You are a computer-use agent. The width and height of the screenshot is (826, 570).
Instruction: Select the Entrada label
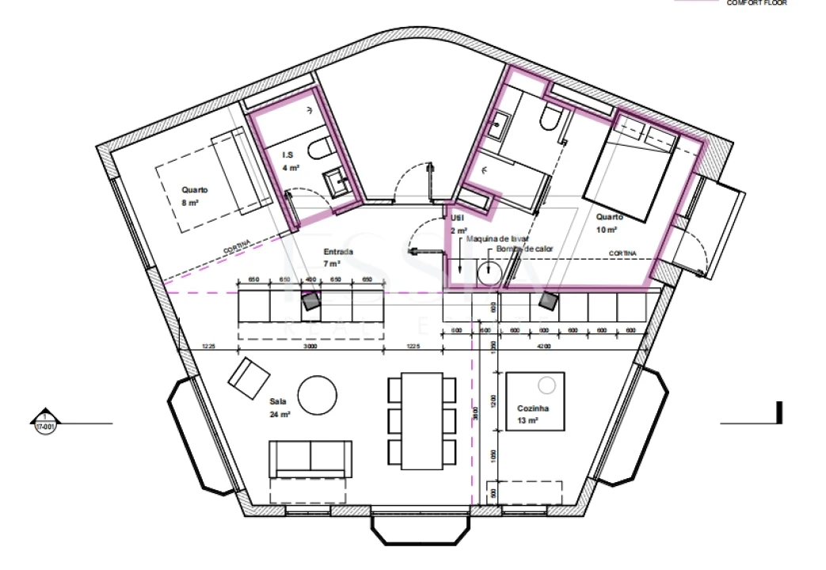[x=338, y=253]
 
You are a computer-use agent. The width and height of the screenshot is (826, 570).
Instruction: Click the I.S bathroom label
[x=288, y=156]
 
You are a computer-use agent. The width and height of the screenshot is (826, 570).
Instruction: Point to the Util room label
[x=457, y=217]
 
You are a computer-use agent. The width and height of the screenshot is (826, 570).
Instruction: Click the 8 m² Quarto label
[x=194, y=190]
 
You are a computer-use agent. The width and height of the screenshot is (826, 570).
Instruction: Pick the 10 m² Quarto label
[x=609, y=217]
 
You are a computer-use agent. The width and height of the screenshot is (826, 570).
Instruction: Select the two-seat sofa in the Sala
[x=310, y=458]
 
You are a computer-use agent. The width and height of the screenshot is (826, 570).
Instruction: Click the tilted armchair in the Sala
[x=249, y=378]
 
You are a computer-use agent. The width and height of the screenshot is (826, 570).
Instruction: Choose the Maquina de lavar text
[x=497, y=238]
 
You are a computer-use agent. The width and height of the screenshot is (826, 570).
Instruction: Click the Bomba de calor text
[x=524, y=249]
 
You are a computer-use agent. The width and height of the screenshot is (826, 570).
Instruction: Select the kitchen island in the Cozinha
[x=535, y=401]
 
